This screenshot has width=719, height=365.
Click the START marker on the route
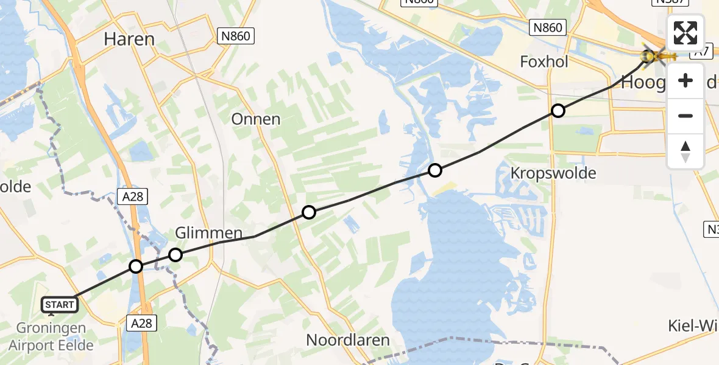(60, 304)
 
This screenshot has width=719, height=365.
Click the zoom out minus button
(685, 116)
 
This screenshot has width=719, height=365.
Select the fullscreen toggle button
(685, 33)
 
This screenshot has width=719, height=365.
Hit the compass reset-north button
(685, 151)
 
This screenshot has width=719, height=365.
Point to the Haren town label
(129, 39)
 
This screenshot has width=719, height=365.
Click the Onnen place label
(256, 119)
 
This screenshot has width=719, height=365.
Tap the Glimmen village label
(209, 232)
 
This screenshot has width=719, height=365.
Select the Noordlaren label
(348, 339)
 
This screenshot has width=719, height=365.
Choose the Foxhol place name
(544, 61)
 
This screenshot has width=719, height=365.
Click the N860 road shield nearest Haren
(235, 36)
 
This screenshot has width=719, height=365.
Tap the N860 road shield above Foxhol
(547, 27)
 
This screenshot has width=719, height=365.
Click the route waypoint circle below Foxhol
(558, 111)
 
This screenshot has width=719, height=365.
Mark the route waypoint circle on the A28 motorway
(136, 266)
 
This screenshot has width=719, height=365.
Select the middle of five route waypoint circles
(309, 212)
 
